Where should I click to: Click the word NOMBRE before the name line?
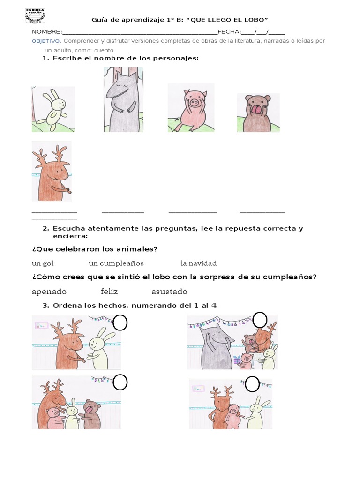tap(46, 32)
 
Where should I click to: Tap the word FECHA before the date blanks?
tap(229, 32)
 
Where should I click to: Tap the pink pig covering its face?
tap(191, 107)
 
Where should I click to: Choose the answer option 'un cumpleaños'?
tap(116, 263)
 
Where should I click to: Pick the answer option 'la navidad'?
tap(199, 263)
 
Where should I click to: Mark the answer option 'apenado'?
tap(49, 292)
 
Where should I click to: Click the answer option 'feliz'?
tap(109, 292)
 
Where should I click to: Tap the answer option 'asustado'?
tap(169, 292)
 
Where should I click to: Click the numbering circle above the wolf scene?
tap(259, 320)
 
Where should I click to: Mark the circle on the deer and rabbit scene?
tap(120, 322)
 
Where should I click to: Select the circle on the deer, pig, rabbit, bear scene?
tap(120, 382)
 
